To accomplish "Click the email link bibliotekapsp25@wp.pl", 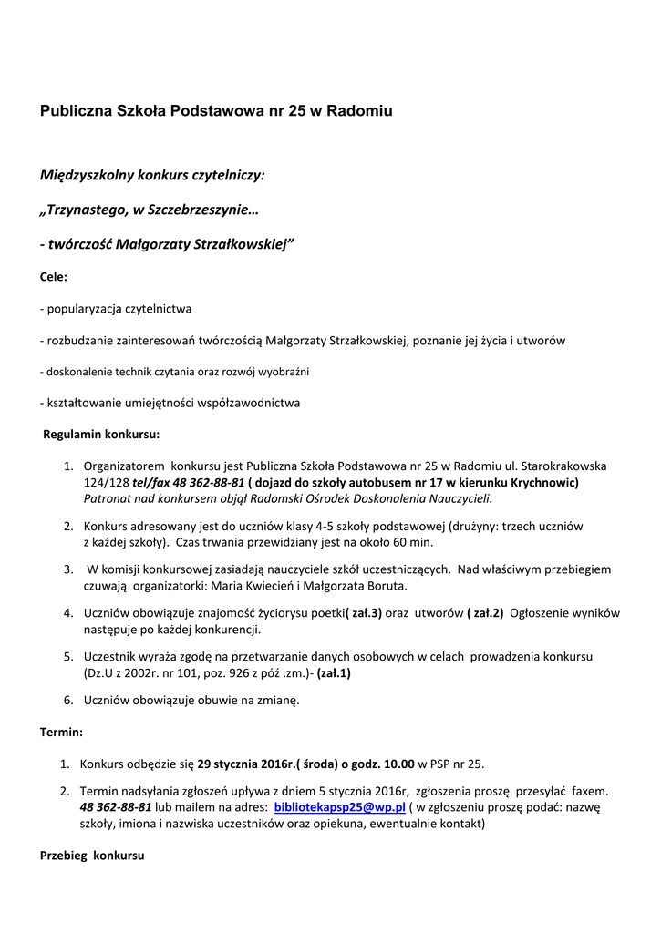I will click(339, 807).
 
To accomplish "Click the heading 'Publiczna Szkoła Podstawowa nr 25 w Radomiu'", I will click(216, 112).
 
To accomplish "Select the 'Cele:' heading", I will click(54, 276).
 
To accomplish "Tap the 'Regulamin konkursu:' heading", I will click(101, 434).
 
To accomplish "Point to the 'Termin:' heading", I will click(62, 732).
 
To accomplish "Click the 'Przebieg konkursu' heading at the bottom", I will click(92, 856).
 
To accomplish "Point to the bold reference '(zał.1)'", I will click(334, 673).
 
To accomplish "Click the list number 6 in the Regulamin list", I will click(68, 701).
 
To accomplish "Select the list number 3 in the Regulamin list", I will click(68, 569).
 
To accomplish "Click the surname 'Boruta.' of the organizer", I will click(381, 586).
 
